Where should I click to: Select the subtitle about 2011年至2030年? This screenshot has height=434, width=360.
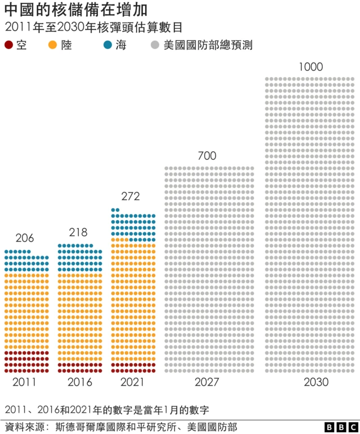point(93,27)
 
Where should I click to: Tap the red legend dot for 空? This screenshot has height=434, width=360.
point(9,46)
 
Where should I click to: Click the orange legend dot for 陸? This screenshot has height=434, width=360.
point(53,46)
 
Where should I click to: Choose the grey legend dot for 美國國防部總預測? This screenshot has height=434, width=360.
point(155,46)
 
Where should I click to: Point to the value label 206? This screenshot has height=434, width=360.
point(25,238)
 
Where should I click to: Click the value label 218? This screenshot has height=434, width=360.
point(78,232)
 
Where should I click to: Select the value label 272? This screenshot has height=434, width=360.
point(130,196)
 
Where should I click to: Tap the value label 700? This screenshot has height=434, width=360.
point(207,156)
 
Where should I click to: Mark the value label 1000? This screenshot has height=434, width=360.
point(310,67)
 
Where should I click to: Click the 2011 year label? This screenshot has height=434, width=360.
point(25,382)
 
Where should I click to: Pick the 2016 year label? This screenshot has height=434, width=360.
point(78,382)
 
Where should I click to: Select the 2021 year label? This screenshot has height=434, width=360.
point(132,382)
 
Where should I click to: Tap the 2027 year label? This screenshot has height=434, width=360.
point(208,382)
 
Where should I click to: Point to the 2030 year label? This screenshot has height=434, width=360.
point(316,382)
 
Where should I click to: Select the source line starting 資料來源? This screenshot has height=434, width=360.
point(121,427)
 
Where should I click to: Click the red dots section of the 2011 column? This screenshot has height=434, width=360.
point(26,361)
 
